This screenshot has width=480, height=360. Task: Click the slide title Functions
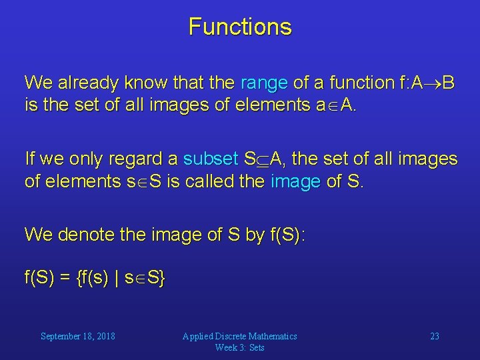pyautogui.click(x=240, y=27)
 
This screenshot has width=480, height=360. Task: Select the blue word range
pyautogui.click(x=264, y=83)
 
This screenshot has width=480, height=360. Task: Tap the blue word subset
pyautogui.click(x=210, y=159)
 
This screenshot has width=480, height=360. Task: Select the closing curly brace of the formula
pyautogui.click(x=162, y=277)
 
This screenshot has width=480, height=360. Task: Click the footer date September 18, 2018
pyautogui.click(x=77, y=336)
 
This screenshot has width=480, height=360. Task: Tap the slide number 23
pyautogui.click(x=434, y=336)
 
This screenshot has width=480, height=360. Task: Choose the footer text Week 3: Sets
pyautogui.click(x=239, y=347)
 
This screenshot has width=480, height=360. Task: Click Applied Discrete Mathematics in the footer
pyautogui.click(x=239, y=336)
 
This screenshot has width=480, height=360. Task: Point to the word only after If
pyautogui.click(x=61, y=159)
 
